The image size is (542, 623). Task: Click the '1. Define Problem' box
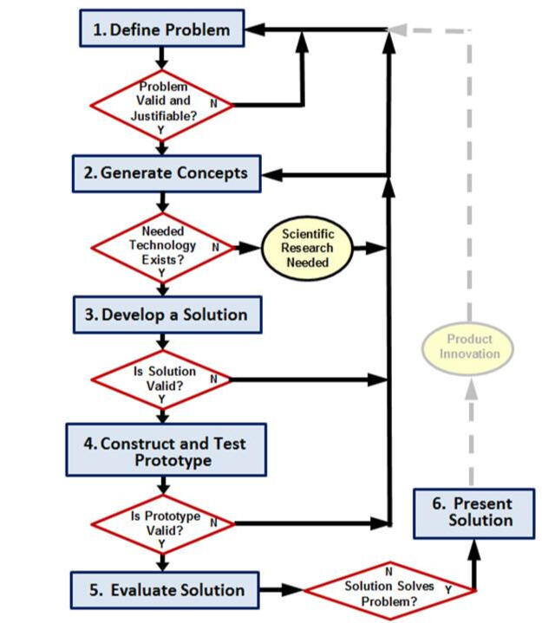pos(160,29)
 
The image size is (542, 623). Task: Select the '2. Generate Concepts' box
pos(165,172)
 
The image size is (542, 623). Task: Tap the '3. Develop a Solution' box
pos(165,315)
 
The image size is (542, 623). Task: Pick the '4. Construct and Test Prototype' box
pos(165,451)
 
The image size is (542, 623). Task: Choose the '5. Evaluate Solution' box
pos(165,590)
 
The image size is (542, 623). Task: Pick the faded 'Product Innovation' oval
pos(469,347)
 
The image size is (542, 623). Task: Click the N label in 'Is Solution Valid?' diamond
pos(213,379)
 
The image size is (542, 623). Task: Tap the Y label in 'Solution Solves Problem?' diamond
pos(448,589)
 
